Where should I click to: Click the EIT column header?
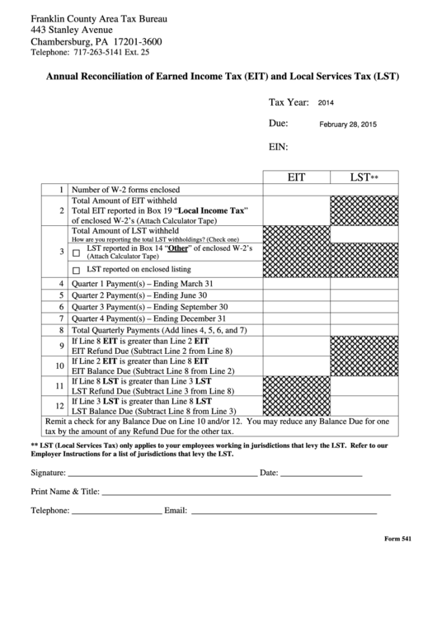(296, 177)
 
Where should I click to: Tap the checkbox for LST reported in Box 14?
(77, 252)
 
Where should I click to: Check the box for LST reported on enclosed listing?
(77, 270)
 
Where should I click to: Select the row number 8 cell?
(60, 330)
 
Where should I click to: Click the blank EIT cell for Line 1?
(296, 190)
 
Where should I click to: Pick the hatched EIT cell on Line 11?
(296, 385)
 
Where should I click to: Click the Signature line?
(162, 475)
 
